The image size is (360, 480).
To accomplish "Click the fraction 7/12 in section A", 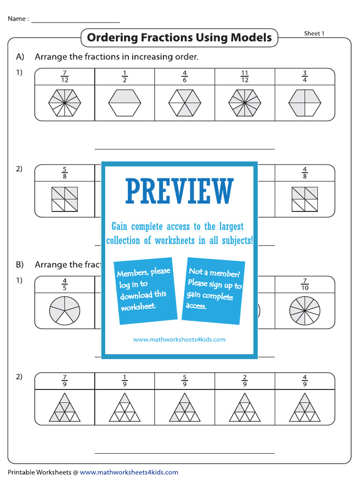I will pyautogui.click(x=65, y=76).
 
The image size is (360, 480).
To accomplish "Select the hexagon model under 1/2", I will pyautogui.click(x=125, y=103).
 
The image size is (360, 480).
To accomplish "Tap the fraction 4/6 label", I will pyautogui.click(x=185, y=76).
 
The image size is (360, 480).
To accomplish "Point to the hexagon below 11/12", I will pyautogui.click(x=245, y=103).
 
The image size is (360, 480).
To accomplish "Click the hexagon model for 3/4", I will pyautogui.click(x=305, y=103).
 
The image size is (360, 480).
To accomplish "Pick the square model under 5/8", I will pyautogui.click(x=65, y=199).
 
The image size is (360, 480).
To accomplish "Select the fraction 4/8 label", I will pyautogui.click(x=305, y=172).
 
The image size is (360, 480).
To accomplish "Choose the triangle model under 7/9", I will pyautogui.click(x=65, y=407).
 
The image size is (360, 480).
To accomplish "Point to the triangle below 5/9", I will pyautogui.click(x=185, y=407).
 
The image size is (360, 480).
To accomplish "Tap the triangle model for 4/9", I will pyautogui.click(x=305, y=407).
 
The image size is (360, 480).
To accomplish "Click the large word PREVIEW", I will pyautogui.click(x=180, y=191).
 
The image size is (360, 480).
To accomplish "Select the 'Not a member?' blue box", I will pyautogui.click(x=214, y=290).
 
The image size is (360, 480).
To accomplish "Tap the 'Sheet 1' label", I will pyautogui.click(x=315, y=33).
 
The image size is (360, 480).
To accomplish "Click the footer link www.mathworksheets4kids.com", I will pyautogui.click(x=129, y=472).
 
